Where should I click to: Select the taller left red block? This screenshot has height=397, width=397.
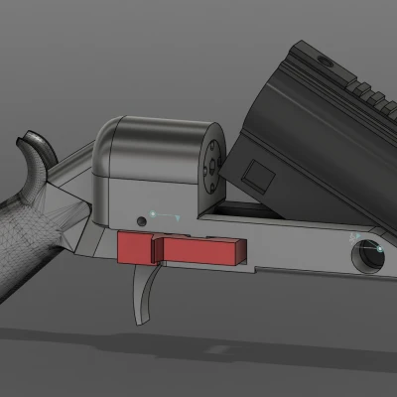[134, 247]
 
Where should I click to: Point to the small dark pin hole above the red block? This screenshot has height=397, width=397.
[142, 218]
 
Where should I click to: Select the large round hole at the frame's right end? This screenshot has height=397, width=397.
[367, 255]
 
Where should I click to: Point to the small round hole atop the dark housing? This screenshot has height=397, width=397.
[325, 62]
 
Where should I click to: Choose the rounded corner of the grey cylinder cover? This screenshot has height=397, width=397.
[111, 134]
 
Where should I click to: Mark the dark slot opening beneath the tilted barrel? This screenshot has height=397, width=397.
[238, 210]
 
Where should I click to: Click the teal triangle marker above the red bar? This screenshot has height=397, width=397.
[176, 215]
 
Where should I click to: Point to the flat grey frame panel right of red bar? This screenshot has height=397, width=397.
[298, 253]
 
